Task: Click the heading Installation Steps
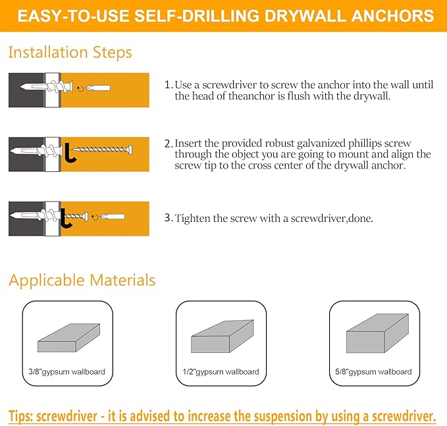click(x=70, y=53)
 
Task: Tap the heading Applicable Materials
click(x=82, y=280)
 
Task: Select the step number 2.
click(x=168, y=143)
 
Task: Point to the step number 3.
click(x=168, y=218)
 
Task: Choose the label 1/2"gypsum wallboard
click(x=221, y=372)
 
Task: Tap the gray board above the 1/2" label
click(x=223, y=337)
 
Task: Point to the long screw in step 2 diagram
click(x=102, y=149)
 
